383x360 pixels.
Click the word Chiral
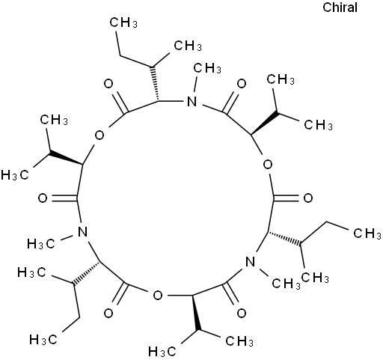click(x=340, y=7)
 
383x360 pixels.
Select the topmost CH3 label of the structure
click(x=123, y=22)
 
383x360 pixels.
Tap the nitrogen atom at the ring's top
click(x=191, y=102)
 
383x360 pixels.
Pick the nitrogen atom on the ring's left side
click(x=82, y=232)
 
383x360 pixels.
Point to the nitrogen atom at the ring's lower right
click(x=250, y=262)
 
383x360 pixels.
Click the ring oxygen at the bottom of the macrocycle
click(x=158, y=296)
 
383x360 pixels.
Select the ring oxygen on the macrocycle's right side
click(x=268, y=165)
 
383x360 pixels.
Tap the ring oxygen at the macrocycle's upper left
click(x=99, y=135)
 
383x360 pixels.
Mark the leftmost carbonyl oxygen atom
click(x=43, y=198)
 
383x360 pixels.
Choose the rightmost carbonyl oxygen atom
click(x=308, y=198)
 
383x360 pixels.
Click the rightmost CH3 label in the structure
click(x=367, y=234)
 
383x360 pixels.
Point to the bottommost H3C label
click(x=162, y=352)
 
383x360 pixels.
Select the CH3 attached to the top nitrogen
click(x=207, y=68)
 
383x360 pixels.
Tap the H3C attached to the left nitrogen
click(x=40, y=243)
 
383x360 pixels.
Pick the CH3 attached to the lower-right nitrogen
click(x=286, y=284)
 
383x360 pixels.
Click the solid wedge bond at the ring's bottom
click(x=196, y=313)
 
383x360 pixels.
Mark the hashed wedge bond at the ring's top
click(x=155, y=84)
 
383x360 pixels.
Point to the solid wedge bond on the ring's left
click(x=66, y=159)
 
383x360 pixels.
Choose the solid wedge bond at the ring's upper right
click(x=265, y=123)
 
